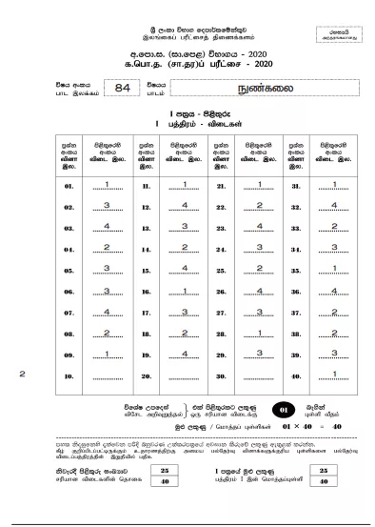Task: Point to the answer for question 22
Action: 258,205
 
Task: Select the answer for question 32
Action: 334,205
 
